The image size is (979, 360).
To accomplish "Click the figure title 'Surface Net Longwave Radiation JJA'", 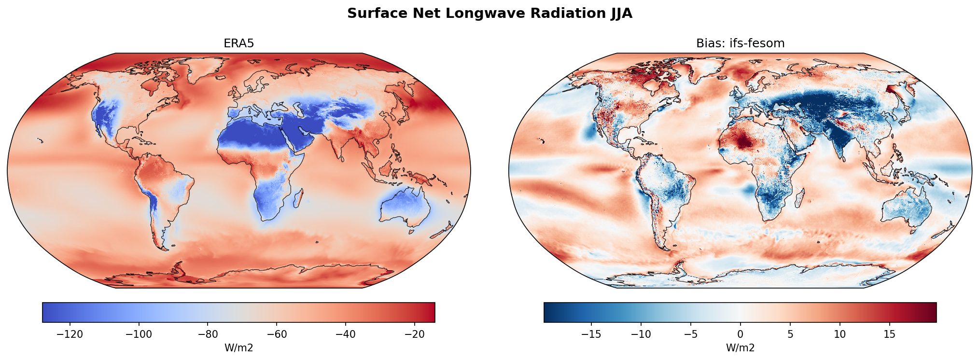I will pyautogui.click(x=489, y=14).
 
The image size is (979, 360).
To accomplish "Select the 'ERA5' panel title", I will pyautogui.click(x=238, y=43).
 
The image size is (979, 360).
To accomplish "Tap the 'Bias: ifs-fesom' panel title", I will pyautogui.click(x=740, y=43).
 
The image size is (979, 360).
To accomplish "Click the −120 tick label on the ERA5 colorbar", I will pyautogui.click(x=70, y=334).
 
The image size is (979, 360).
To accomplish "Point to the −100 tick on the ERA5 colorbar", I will pyautogui.click(x=139, y=334).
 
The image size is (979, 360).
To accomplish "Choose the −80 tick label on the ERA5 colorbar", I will pyautogui.click(x=208, y=334).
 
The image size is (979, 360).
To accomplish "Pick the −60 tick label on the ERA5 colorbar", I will pyautogui.click(x=276, y=334).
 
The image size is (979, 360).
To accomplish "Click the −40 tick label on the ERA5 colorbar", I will pyautogui.click(x=345, y=334).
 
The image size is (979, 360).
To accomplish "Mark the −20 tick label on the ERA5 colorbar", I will pyautogui.click(x=414, y=334).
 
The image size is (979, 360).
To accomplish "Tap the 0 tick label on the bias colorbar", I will pyautogui.click(x=740, y=334).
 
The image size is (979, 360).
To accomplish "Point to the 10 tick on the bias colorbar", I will pyautogui.click(x=840, y=334).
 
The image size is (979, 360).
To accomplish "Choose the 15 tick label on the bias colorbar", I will pyautogui.click(x=890, y=334).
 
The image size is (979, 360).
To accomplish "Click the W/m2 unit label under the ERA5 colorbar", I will pyautogui.click(x=238, y=348).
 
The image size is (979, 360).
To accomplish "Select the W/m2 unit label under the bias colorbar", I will pyautogui.click(x=740, y=348).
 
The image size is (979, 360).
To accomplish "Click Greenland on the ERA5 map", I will pyautogui.click(x=203, y=70).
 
